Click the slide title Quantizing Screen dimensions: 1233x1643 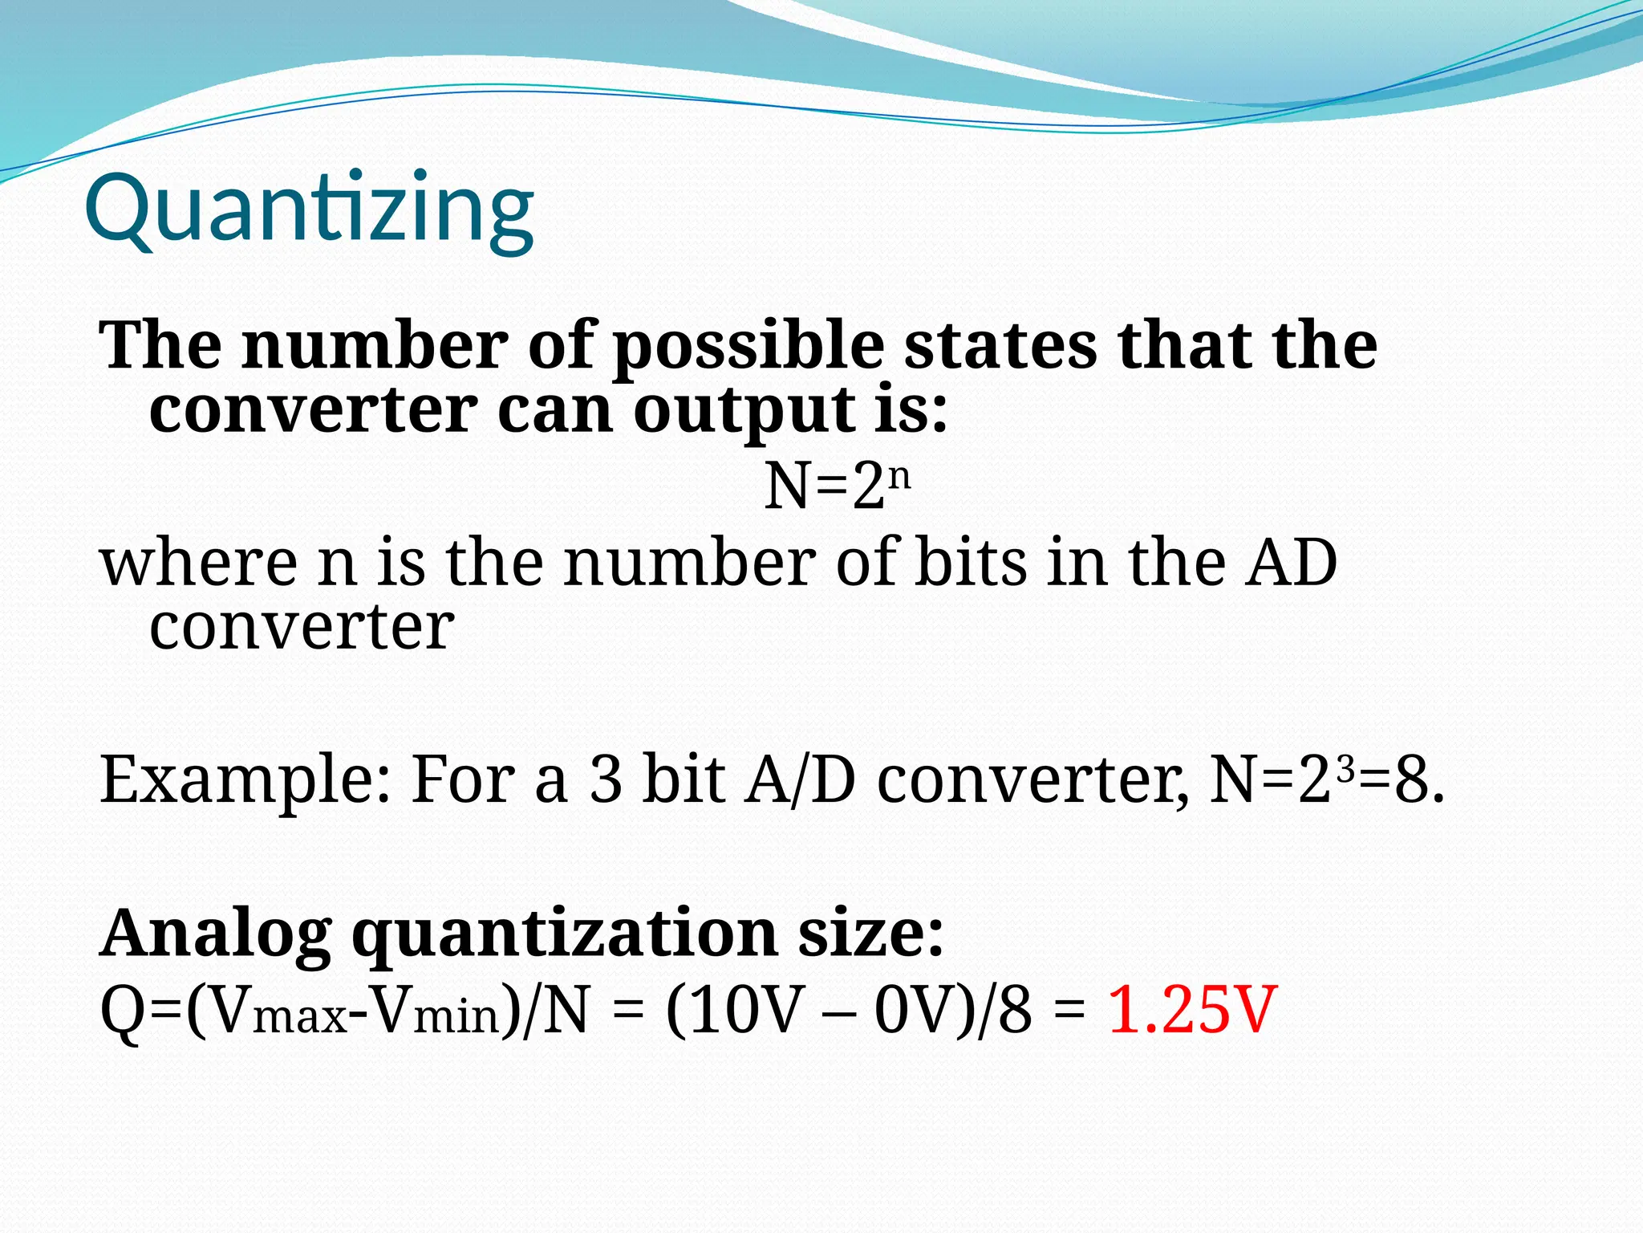309,210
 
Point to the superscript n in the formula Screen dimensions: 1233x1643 900,476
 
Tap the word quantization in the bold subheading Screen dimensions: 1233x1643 565,934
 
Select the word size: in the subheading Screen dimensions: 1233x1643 871,933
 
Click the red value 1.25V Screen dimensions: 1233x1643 1192,1010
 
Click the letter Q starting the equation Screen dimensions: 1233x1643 120,1010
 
